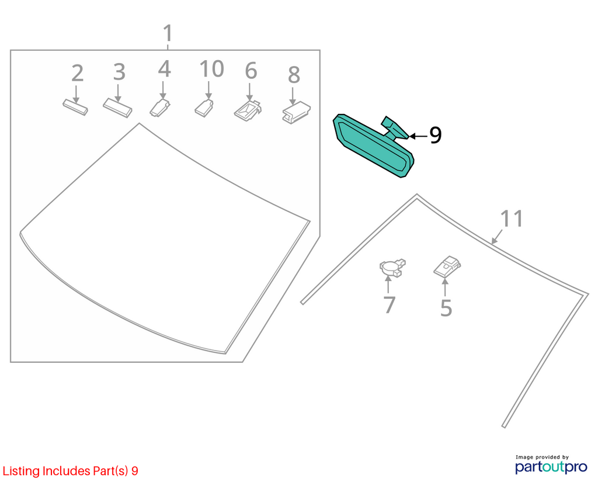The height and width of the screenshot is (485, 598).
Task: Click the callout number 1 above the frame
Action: (x=168, y=33)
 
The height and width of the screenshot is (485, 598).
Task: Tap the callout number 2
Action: (x=78, y=73)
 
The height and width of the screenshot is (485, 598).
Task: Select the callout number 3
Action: (x=119, y=72)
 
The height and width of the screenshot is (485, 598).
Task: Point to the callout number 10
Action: (x=164, y=69)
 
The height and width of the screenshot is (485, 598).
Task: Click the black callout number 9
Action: (x=435, y=135)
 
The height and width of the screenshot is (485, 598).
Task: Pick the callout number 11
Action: (x=512, y=219)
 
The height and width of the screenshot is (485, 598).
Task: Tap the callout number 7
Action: (x=390, y=305)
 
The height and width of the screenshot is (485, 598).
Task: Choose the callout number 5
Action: (x=446, y=308)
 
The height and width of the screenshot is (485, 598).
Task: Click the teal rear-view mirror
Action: (x=373, y=145)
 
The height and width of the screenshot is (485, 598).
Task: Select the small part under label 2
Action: (x=75, y=107)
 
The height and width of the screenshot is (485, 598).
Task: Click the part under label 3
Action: (x=117, y=108)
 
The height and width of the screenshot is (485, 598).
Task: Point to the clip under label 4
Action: (x=160, y=108)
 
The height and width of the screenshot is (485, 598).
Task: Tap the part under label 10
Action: (x=204, y=108)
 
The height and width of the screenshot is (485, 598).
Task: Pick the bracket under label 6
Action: (x=248, y=110)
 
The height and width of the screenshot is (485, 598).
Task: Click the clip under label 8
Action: (x=296, y=112)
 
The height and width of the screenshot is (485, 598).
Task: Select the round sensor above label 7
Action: (x=392, y=268)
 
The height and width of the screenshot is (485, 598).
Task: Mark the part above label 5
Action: (x=447, y=266)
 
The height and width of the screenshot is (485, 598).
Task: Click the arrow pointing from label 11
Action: (x=497, y=237)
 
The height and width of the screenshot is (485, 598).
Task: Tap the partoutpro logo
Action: (x=551, y=465)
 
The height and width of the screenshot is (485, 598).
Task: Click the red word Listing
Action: (x=21, y=471)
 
